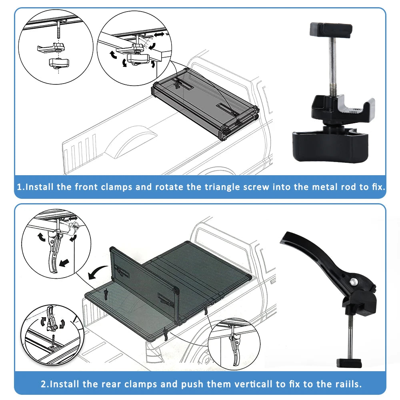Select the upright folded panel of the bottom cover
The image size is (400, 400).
(142, 280)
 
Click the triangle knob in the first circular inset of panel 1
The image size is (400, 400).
(59, 63)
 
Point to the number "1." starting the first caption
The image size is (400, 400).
(21, 187)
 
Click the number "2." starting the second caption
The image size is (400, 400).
(45, 384)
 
